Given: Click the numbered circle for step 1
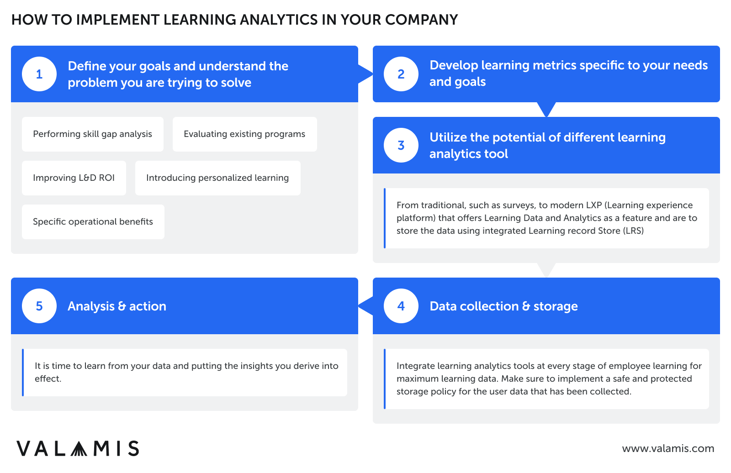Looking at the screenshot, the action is pyautogui.click(x=39, y=74).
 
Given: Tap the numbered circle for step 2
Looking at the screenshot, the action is pyautogui.click(x=401, y=74).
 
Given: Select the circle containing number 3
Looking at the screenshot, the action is pyautogui.click(x=401, y=145).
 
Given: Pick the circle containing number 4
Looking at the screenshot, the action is pyautogui.click(x=401, y=306).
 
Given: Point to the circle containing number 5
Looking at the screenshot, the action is pyautogui.click(x=39, y=306).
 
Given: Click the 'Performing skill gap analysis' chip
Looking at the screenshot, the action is pyautogui.click(x=93, y=134).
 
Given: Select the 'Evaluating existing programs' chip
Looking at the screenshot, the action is pyautogui.click(x=245, y=134).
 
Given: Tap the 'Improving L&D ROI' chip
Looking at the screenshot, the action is pyautogui.click(x=74, y=178).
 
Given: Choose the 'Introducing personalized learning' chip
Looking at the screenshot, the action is pyautogui.click(x=218, y=178).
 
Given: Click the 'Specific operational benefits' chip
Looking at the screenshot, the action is pyautogui.click(x=93, y=222).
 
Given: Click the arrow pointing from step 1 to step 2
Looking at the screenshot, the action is pyautogui.click(x=365, y=74).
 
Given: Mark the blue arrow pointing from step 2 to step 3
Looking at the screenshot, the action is pyautogui.click(x=546, y=109).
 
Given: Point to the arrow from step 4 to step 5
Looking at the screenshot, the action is pyautogui.click(x=365, y=306).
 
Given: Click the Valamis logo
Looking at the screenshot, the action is pyautogui.click(x=78, y=448).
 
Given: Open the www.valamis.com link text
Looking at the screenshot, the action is pyautogui.click(x=668, y=448).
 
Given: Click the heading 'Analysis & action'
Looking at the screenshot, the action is pyautogui.click(x=117, y=306).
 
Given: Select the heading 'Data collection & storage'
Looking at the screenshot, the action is pyautogui.click(x=503, y=306).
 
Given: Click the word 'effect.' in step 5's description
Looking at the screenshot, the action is pyautogui.click(x=48, y=379).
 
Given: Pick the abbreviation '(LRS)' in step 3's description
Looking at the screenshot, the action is pyautogui.click(x=633, y=231).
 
